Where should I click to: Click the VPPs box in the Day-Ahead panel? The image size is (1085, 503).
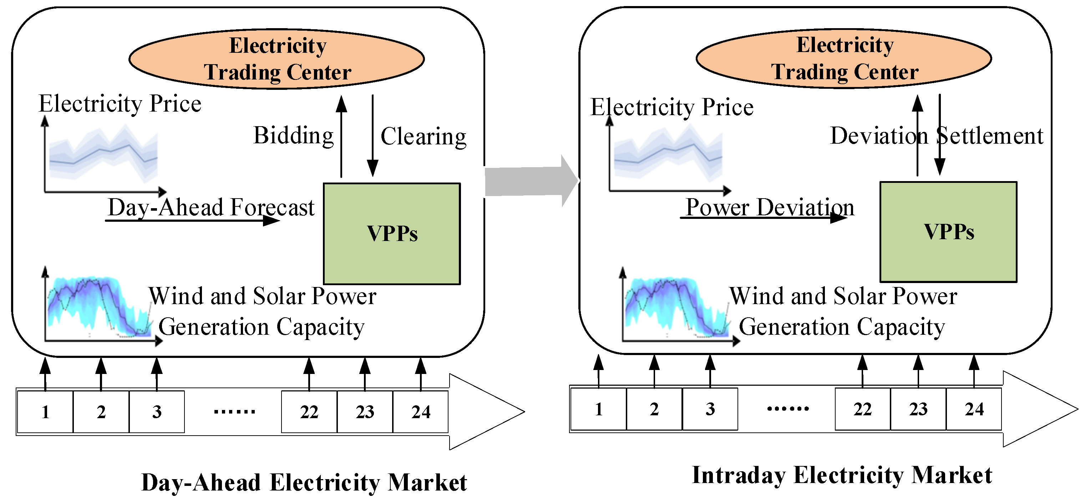pyautogui.click(x=392, y=233)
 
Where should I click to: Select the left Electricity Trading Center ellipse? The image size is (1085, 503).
pyautogui.click(x=277, y=59)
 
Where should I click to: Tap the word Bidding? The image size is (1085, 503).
pyautogui.click(x=293, y=135)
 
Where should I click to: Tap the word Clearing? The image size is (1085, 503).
pyautogui.click(x=423, y=137)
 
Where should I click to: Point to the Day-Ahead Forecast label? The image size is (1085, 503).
pyautogui.click(x=211, y=207)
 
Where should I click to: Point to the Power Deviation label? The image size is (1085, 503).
pyautogui.click(x=770, y=207)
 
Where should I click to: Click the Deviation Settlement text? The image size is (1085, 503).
pyautogui.click(x=936, y=135)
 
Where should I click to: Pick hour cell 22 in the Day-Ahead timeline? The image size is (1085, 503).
pyautogui.click(x=309, y=412)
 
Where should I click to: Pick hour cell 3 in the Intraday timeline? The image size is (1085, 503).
pyautogui.click(x=710, y=409)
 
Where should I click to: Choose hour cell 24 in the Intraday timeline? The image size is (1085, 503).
pyautogui.click(x=974, y=409)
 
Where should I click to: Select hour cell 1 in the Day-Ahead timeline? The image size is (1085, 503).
pyautogui.click(x=45, y=412)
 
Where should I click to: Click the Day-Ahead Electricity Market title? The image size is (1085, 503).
pyautogui.click(x=304, y=482)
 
